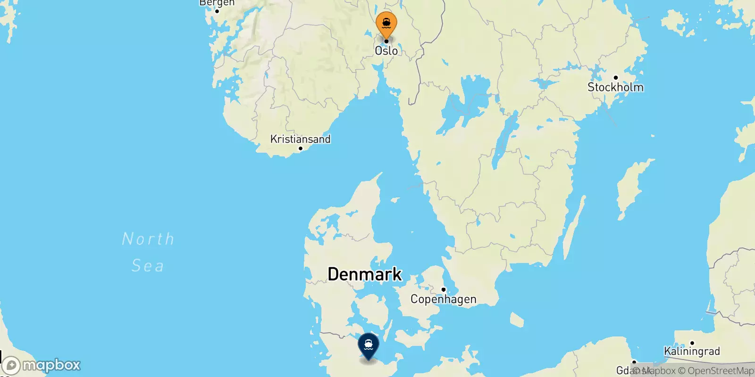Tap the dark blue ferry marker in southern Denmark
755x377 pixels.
[x=369, y=345]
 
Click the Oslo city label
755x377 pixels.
[x=386, y=50]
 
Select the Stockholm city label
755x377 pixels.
[x=615, y=87]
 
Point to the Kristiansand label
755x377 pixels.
[x=300, y=139]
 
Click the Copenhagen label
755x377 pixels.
[x=443, y=299]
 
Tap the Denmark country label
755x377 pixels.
[x=364, y=274]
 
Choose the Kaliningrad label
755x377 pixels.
[x=692, y=351]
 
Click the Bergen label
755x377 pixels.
[x=217, y=3]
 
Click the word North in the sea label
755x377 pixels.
[x=148, y=239]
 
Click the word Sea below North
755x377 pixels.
[x=148, y=266]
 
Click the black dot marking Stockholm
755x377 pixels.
[x=615, y=78]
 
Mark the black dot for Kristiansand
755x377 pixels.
[x=300, y=148]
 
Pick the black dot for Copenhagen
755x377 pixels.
[x=443, y=289]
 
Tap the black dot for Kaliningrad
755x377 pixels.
[x=692, y=343]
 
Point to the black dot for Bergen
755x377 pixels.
[x=217, y=11]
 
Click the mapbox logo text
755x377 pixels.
[x=51, y=365]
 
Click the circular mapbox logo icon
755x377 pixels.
[x=11, y=366]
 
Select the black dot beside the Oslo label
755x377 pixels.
[x=386, y=41]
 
